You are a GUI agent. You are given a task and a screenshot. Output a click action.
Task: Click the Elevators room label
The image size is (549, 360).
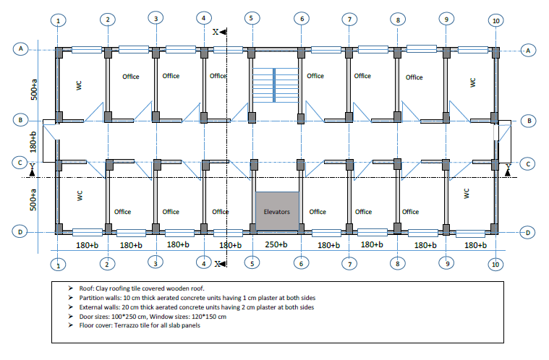276,212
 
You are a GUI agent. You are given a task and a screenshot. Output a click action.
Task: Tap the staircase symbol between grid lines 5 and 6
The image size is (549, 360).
276,85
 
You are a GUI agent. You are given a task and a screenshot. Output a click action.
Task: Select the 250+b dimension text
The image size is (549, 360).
276,244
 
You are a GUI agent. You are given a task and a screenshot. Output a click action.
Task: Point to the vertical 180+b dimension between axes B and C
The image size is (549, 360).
33,142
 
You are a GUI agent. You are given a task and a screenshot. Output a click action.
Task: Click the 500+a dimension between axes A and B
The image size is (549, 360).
34,90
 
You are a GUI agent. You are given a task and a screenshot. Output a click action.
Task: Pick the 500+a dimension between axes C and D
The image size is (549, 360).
33,200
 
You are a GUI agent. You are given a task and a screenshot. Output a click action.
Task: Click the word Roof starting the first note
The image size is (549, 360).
86,288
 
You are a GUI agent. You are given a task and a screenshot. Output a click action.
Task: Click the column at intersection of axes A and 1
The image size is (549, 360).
59,53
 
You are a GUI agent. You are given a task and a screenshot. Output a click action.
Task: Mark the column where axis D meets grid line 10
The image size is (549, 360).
494,229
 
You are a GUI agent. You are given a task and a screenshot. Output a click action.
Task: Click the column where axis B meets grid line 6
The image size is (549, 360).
301,119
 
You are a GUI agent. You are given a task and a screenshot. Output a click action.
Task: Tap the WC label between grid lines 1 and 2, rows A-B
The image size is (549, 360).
79,85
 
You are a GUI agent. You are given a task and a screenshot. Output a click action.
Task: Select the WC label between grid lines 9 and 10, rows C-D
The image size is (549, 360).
467,194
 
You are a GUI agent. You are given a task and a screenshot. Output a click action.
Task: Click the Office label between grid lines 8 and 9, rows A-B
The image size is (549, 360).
414,77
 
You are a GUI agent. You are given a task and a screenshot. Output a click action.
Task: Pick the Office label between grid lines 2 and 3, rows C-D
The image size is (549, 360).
122,212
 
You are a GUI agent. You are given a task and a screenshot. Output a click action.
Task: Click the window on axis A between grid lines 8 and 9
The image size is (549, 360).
422,48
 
